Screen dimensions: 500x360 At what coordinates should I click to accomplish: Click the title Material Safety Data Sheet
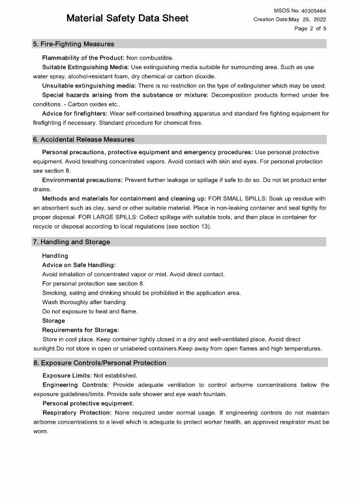pos(127,18)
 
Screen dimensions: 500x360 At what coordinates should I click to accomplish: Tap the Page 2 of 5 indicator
pos(310,29)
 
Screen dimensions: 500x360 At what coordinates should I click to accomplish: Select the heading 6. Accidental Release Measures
pos(83,139)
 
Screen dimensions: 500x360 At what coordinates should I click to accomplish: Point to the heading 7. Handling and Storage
pos(72,242)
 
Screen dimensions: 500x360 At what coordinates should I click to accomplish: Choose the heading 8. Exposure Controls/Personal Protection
pos(100,362)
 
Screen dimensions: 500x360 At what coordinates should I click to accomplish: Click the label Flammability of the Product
pos(83,58)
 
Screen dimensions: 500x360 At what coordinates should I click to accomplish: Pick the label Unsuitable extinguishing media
pos(89,86)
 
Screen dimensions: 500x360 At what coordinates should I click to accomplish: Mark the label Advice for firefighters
pos(74,113)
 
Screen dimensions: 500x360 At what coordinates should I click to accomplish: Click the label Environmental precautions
pos(82,180)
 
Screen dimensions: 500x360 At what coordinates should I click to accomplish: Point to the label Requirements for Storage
pos(80,330)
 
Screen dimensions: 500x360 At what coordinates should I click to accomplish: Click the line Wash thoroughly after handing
pos(83,302)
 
